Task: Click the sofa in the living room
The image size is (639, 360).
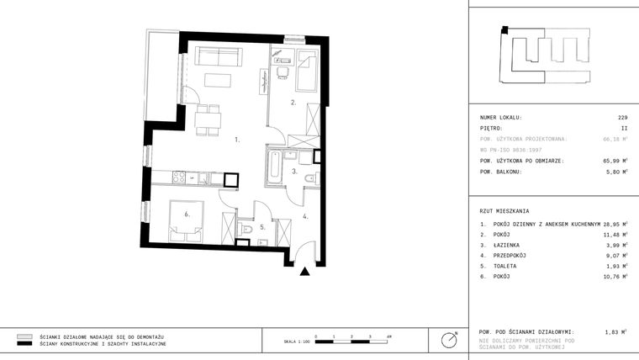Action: coord(219,56)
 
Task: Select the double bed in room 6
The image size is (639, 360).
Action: coord(186,220)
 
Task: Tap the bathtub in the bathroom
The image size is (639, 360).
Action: coord(274,167)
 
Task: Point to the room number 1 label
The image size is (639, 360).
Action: coord(237,140)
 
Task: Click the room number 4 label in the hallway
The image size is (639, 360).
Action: coord(306,216)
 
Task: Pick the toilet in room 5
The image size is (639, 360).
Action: coord(246,228)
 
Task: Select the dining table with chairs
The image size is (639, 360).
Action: coord(207,119)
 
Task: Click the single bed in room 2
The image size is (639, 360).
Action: coord(307,71)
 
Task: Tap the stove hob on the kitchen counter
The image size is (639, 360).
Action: coord(178,177)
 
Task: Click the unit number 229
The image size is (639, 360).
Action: coord(622,118)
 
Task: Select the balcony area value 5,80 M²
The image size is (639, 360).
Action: coord(615,172)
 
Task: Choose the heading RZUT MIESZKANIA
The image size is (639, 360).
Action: coord(504,210)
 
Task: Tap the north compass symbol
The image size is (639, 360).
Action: coord(450,339)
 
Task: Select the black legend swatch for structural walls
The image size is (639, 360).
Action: coord(24,344)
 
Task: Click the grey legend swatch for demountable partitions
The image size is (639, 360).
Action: coord(24,336)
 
